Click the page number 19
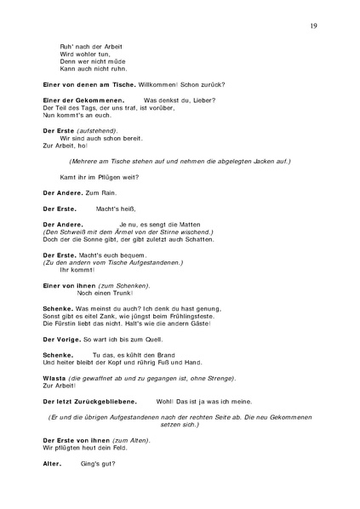[x=314, y=27]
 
